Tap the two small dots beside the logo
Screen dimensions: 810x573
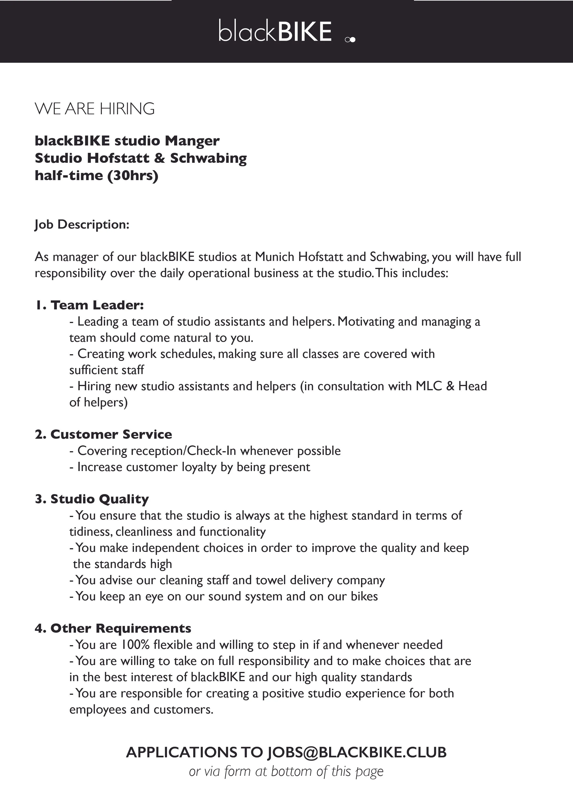tap(350, 40)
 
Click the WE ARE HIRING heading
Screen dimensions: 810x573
tap(94, 109)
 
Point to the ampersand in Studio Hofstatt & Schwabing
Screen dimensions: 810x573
tap(160, 158)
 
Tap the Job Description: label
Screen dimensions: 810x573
tap(82, 224)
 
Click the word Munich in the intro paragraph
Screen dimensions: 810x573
tap(275, 257)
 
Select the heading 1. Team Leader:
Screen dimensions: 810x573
tap(89, 305)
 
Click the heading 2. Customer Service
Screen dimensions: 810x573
tap(103, 434)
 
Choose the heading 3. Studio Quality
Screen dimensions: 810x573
tap(92, 499)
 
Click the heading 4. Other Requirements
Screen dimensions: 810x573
tap(113, 628)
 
